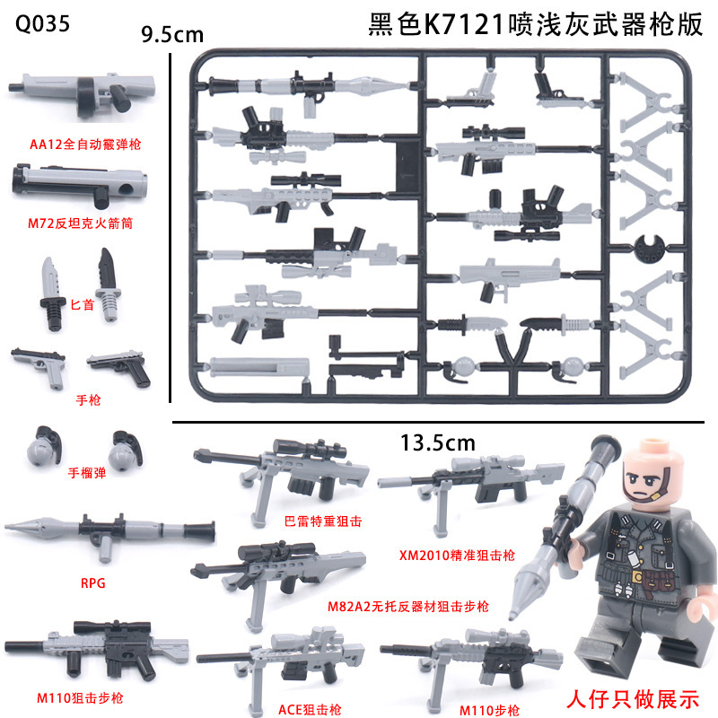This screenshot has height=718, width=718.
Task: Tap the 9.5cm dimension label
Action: (173, 35)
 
